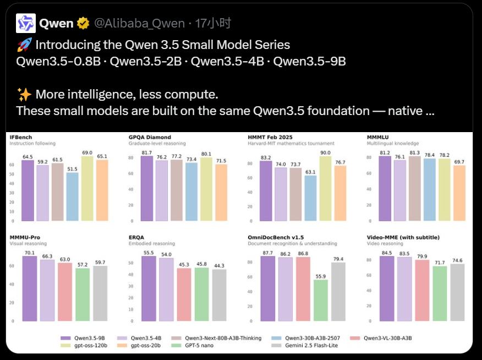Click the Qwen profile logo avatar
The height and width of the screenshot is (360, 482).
click(x=26, y=24)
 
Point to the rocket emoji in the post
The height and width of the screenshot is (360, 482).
click(x=24, y=45)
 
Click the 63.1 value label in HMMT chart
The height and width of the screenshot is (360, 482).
click(x=310, y=172)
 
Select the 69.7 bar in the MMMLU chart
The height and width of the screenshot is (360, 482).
click(x=459, y=192)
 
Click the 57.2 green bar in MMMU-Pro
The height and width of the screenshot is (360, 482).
click(x=83, y=294)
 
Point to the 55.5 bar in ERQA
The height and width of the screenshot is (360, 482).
click(x=149, y=288)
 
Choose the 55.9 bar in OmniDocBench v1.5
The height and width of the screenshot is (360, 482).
click(x=321, y=300)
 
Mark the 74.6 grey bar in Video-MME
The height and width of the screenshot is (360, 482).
click(x=458, y=292)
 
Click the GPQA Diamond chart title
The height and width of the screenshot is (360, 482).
click(x=150, y=137)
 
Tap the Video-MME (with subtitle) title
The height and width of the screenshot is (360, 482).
click(x=403, y=237)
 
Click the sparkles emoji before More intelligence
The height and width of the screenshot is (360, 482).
click(x=24, y=94)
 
